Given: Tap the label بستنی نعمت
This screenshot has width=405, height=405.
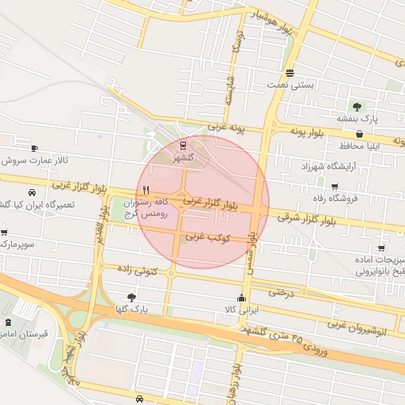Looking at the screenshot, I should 315,84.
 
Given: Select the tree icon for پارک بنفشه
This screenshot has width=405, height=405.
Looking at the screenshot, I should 358,105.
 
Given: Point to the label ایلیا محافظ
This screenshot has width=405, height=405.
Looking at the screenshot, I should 361,146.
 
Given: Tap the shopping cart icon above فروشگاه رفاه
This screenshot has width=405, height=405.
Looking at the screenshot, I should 358,185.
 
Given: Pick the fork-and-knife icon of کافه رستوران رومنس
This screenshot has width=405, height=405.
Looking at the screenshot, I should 146,190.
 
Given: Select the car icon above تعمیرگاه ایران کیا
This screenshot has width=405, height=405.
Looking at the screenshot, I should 31,192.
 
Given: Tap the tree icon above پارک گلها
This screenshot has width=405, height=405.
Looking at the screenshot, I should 131,297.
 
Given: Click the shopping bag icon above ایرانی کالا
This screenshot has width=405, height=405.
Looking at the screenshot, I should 228,297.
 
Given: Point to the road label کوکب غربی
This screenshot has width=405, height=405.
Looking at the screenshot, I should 207,237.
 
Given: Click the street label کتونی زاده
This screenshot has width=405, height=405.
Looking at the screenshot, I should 138,271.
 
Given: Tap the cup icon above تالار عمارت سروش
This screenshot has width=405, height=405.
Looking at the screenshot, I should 34,148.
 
